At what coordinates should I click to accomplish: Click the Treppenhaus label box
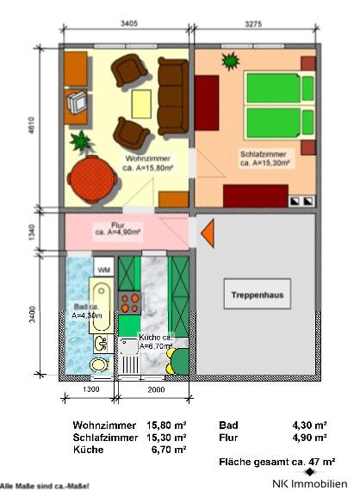[x=258, y=295]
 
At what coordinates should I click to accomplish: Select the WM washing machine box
[x=103, y=270]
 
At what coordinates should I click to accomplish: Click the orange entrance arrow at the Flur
[x=207, y=232]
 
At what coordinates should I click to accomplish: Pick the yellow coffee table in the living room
[x=140, y=103]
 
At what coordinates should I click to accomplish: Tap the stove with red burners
[x=130, y=302]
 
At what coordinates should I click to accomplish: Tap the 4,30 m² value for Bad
[x=309, y=426]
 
